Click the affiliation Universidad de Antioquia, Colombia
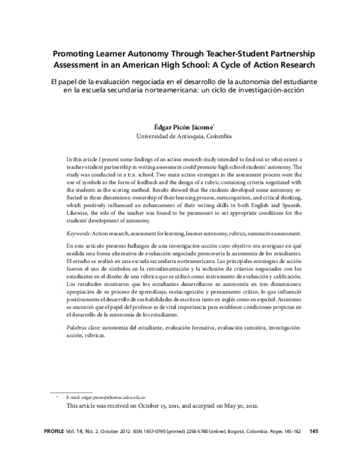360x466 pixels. click(x=180, y=136)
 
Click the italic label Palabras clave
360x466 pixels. click(x=83, y=327)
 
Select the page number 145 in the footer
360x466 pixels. click(x=313, y=430)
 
